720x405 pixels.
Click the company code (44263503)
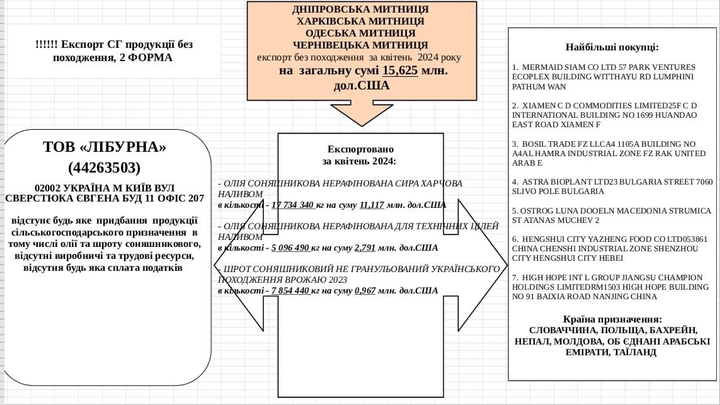[x=104, y=168]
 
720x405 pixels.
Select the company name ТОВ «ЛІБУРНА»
[x=105, y=147]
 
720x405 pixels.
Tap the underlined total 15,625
[x=400, y=71]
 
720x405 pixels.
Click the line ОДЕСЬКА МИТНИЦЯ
[x=360, y=33]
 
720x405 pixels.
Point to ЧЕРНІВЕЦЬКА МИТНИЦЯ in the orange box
[x=360, y=45]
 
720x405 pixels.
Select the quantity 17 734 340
[x=293, y=205]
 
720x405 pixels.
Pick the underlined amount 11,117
[x=372, y=205]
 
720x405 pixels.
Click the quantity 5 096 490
[x=290, y=248]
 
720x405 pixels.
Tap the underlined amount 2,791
[x=365, y=248]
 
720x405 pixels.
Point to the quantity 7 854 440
[x=290, y=290]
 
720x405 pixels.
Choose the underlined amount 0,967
[x=365, y=290]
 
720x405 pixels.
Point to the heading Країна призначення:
[x=612, y=319]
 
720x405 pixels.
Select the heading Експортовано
[x=360, y=149]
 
